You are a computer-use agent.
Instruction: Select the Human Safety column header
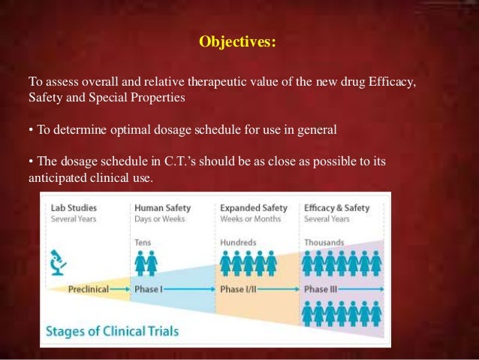162,208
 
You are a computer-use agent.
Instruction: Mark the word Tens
143,242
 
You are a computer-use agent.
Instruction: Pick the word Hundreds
238,242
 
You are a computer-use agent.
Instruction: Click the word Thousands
324,242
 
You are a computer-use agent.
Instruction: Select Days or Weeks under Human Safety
159,219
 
